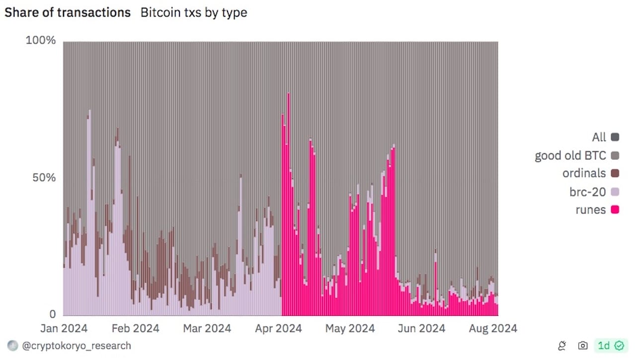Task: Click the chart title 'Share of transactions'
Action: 68,13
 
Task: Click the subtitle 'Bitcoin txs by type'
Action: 194,13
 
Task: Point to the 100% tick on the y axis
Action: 41,40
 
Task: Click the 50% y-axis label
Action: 45,178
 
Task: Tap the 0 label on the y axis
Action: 53,314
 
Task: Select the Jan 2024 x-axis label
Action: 64,329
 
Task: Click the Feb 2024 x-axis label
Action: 135,329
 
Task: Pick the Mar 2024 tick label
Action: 207,329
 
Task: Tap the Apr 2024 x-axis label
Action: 278,329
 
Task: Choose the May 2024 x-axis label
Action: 350,329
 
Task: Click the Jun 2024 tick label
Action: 421,329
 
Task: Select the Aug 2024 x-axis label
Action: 493,329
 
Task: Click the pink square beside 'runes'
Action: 615,210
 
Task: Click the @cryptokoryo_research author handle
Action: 77,346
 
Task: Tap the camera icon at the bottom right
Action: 583,346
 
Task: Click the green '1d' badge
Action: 611,346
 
